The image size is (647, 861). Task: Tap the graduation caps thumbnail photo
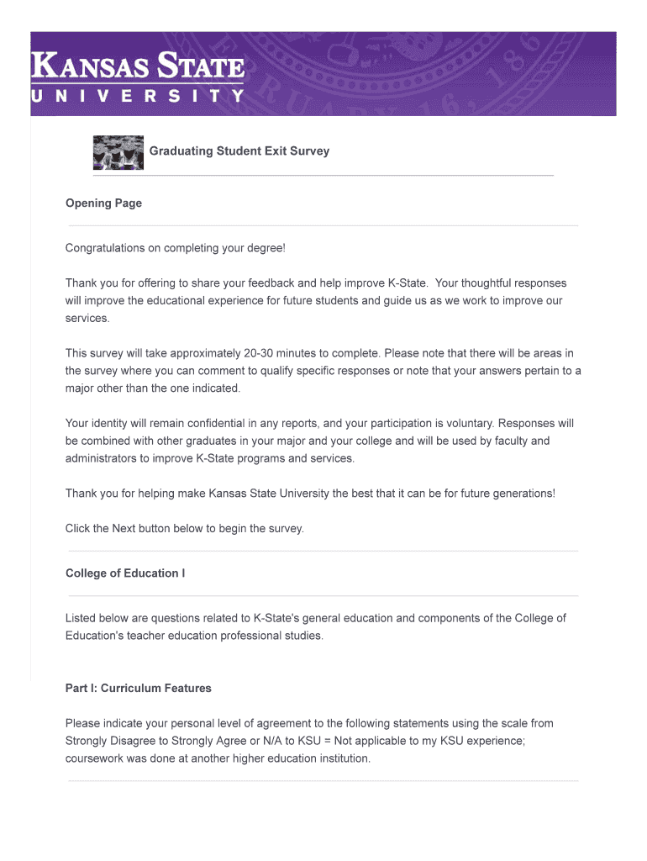[x=118, y=152]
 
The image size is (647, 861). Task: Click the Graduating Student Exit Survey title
[x=239, y=151]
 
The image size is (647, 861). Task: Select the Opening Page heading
[x=103, y=203]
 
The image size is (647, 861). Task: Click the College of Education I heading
[x=125, y=573]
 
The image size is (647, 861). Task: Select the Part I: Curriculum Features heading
[x=139, y=688]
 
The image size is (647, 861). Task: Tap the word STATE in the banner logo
[x=201, y=66]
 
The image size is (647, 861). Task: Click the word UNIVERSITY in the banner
[x=138, y=96]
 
